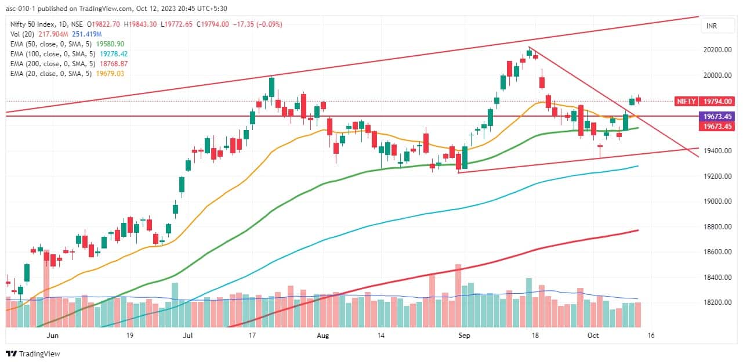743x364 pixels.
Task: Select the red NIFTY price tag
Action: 686,101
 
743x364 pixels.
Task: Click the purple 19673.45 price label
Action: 717,116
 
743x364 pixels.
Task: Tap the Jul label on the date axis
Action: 188,336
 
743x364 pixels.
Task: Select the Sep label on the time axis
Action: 463,336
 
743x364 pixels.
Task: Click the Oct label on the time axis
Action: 592,336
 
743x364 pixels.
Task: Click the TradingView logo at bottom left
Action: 33,354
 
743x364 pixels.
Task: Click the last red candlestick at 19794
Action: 638,99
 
